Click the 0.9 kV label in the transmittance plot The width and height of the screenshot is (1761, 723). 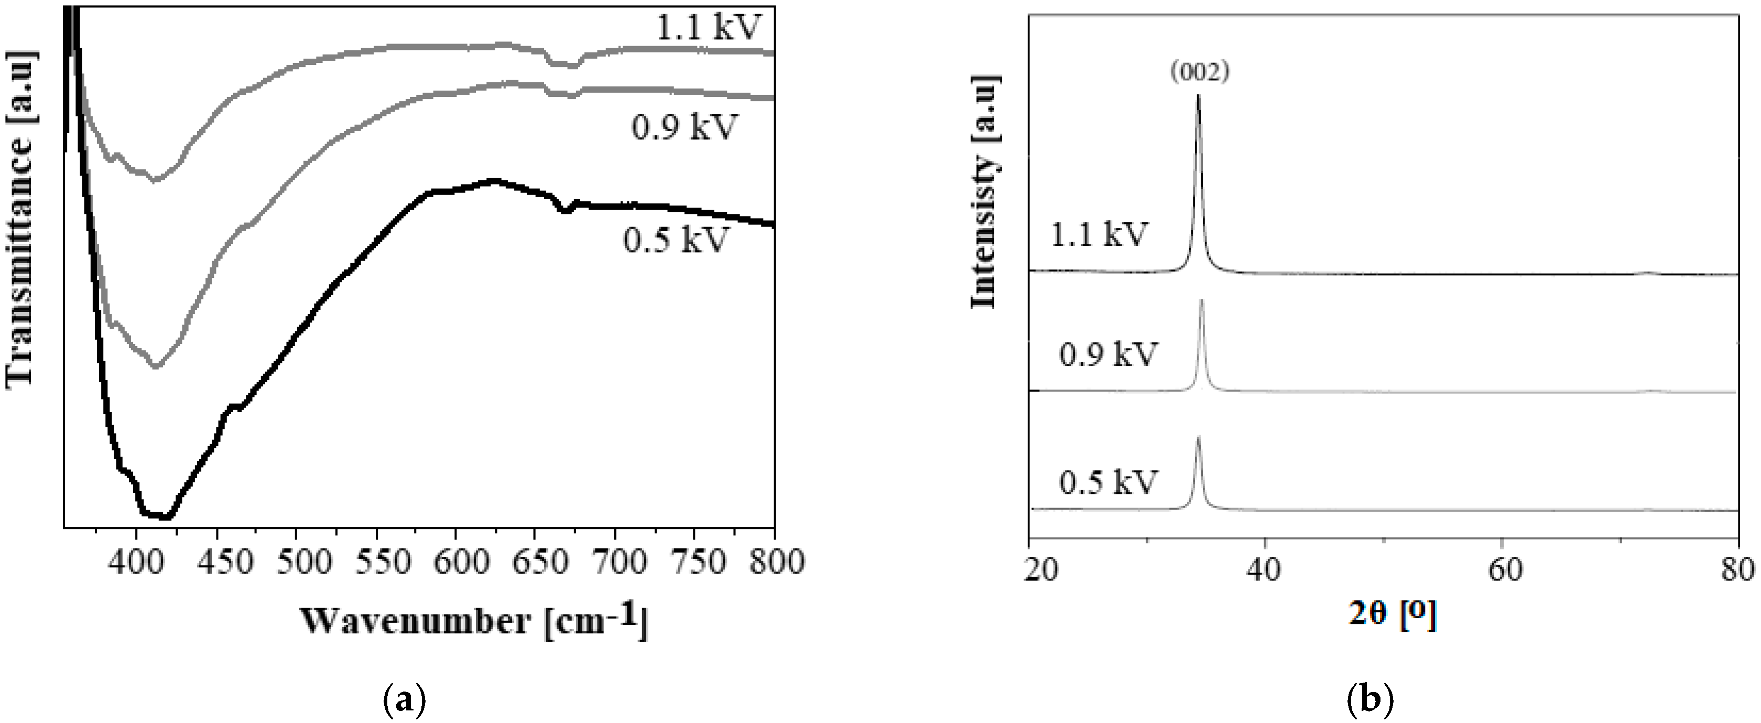pyautogui.click(x=684, y=127)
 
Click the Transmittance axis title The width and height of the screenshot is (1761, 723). pyautogui.click(x=20, y=219)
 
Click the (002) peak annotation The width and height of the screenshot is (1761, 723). pyautogui.click(x=1200, y=72)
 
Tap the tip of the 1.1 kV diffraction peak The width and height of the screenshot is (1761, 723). pyautogui.click(x=1198, y=96)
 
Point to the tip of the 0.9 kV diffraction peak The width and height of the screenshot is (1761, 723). pyautogui.click(x=1201, y=300)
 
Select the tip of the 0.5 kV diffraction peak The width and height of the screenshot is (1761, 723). pyautogui.click(x=1198, y=437)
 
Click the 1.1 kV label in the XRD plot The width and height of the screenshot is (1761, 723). pyautogui.click(x=1099, y=234)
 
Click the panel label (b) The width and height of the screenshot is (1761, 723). pyautogui.click(x=1370, y=700)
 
